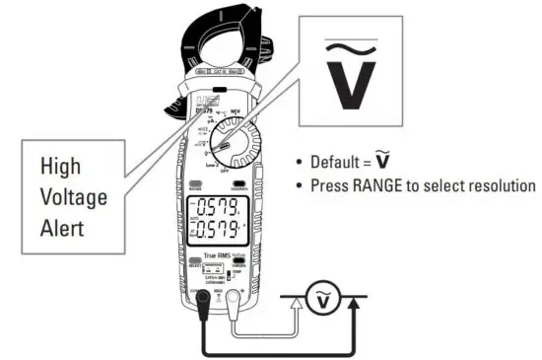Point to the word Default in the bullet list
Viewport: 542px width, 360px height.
(x=338, y=162)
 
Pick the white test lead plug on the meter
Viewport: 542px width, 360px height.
(x=233, y=294)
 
